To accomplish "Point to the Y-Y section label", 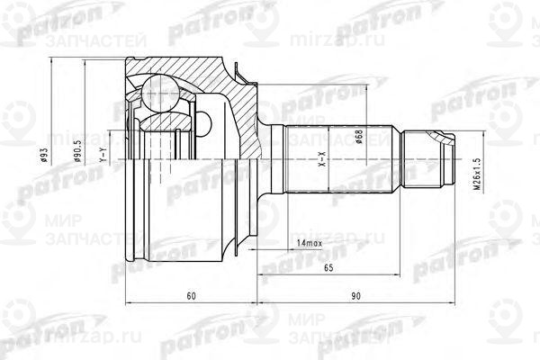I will tap(104, 158).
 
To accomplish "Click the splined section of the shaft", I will tap(342, 161).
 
